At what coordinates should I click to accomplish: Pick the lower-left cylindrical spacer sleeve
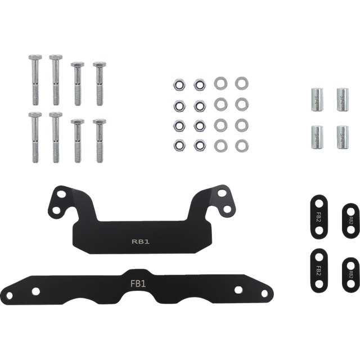coord(315,136)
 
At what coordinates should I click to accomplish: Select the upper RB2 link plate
coord(349,218)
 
